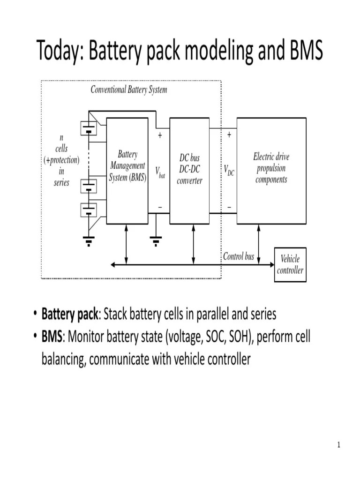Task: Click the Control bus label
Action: tap(239, 256)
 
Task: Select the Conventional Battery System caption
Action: tap(128, 90)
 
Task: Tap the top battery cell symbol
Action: tap(89, 128)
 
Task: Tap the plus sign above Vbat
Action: tap(160, 135)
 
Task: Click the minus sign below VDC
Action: tap(229, 207)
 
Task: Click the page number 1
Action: tap(338, 445)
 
